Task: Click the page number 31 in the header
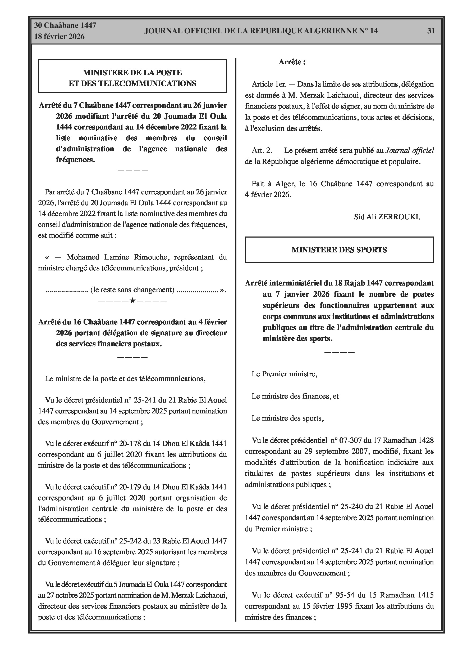[431, 31]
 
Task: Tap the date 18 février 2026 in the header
[59, 37]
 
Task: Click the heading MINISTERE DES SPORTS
[339, 250]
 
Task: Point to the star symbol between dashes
[132, 300]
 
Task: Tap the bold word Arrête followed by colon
[292, 62]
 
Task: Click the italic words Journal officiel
[409, 151]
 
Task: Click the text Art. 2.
[262, 151]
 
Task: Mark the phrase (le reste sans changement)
[132, 290]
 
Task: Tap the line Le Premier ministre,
[284, 374]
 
